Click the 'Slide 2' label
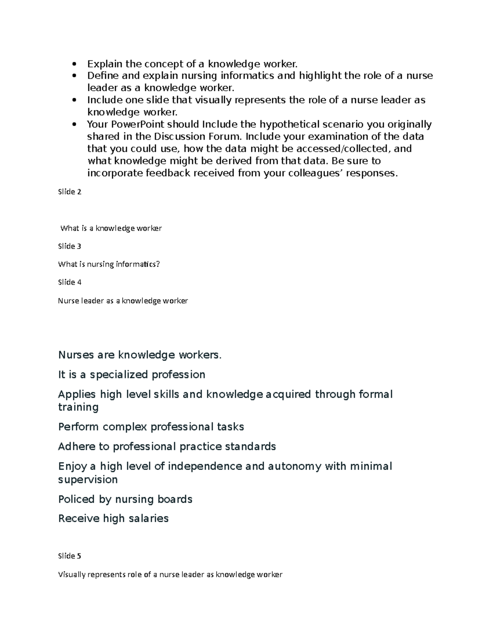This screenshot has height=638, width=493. point(69,192)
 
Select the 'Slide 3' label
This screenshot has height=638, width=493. point(69,246)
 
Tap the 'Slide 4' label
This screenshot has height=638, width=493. point(69,282)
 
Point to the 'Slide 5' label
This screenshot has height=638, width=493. point(69,556)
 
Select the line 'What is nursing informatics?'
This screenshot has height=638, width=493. point(109,264)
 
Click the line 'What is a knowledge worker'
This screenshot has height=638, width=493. point(111,228)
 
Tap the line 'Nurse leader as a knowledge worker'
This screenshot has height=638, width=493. point(123,301)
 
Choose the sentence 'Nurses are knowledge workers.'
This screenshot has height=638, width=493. point(140,355)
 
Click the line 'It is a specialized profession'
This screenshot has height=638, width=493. point(131,375)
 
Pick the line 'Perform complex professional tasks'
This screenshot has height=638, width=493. point(151,427)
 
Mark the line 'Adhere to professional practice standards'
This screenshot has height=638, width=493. point(167,447)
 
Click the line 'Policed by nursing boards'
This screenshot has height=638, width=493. point(125,499)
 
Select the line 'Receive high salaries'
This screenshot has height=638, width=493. point(113,518)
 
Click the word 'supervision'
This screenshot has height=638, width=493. point(88,480)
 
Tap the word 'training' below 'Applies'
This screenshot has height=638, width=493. point(78,408)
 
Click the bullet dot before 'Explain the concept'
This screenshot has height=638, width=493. point(74,64)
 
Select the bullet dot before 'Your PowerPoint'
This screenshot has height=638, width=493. point(74,124)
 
